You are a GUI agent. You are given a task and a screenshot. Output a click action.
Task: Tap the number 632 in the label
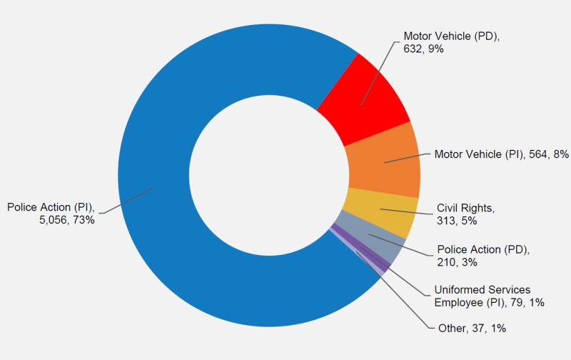pos(413,48)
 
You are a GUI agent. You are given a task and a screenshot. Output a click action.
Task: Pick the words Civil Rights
pos(465,209)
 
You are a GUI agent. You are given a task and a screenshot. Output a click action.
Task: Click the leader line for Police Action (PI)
pos(128,201)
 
